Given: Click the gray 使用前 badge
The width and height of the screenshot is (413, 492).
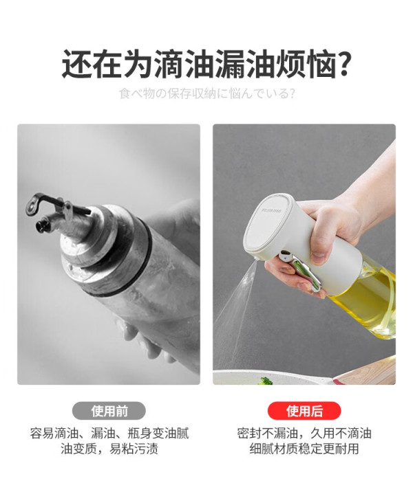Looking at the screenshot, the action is click(x=109, y=411).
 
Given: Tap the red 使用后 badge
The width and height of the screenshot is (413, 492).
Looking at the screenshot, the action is click(x=304, y=411).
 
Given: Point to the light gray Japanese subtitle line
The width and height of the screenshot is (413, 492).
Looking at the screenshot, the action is click(x=207, y=94).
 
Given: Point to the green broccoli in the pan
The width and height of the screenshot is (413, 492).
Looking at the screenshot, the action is click(x=264, y=381).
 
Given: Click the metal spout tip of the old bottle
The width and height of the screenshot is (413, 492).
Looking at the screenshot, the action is click(x=41, y=224).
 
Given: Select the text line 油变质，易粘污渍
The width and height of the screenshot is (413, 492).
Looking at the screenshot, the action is click(x=109, y=449).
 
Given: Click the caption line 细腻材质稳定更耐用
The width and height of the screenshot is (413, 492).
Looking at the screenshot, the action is click(x=304, y=449).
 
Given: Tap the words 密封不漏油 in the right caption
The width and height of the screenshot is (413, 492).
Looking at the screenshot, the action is click(x=267, y=434).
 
